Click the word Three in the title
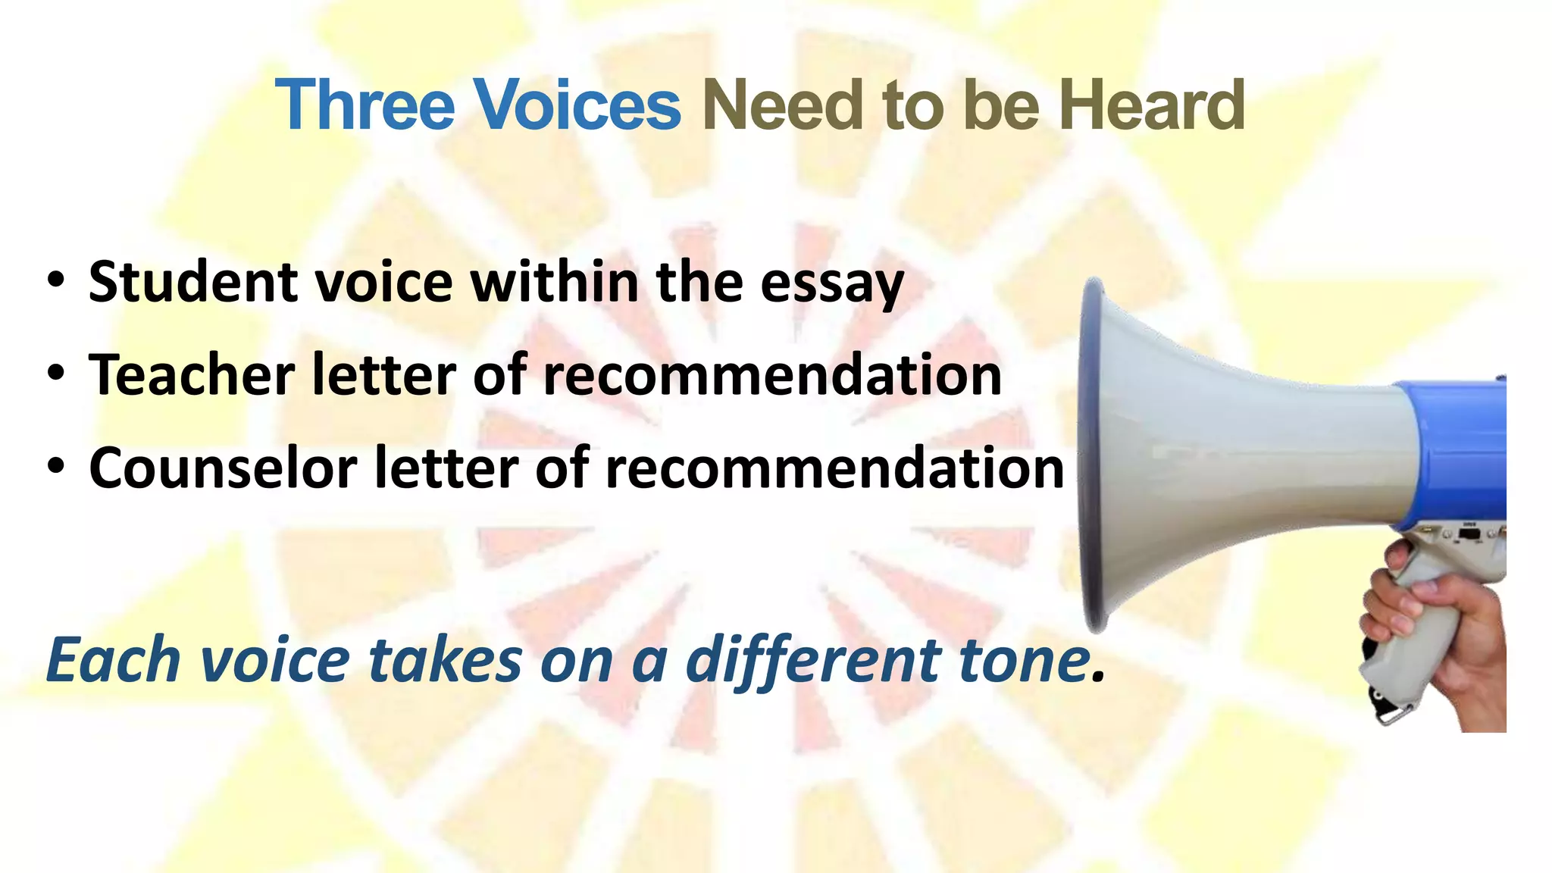coord(365,105)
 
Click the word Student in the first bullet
coord(192,282)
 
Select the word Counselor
coord(223,468)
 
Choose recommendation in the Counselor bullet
coord(834,468)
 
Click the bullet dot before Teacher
coord(55,374)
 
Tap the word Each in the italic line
coord(113,659)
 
